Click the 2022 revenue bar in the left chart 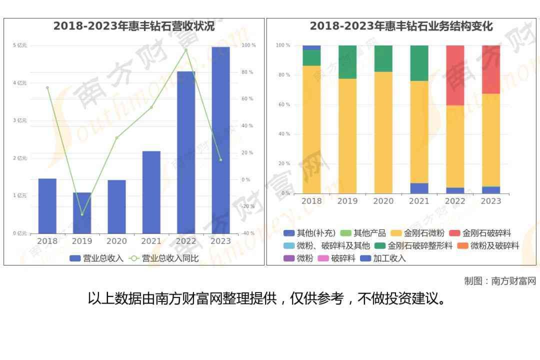tap(186, 152)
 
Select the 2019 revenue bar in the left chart tap(82, 212)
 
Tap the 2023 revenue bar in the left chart tap(220, 140)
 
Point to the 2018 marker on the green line tap(47, 87)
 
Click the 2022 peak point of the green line tap(186, 50)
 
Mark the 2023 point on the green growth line tap(220, 160)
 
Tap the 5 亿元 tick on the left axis tap(20, 45)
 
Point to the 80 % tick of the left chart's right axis tap(247, 72)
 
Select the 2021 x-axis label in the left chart tap(151, 241)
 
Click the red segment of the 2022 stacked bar tap(455, 75)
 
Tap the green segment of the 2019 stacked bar tap(347, 62)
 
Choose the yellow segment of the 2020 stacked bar tap(383, 132)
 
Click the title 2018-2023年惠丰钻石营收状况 tap(134, 26)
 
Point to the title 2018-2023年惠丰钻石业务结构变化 tap(401, 26)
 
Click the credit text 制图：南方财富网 tap(500, 281)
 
